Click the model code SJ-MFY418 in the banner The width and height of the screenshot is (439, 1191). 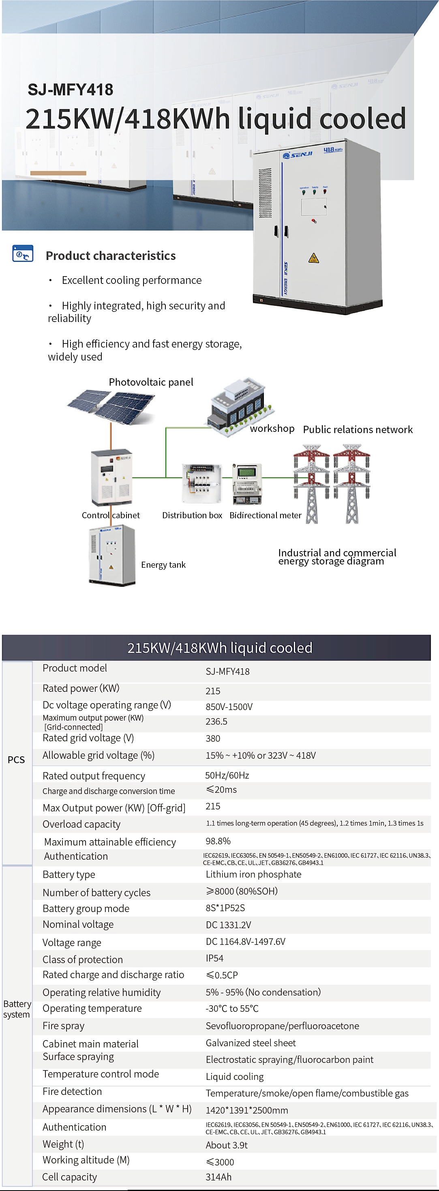click(70, 89)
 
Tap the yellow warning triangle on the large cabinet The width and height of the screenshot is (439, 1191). click(313, 258)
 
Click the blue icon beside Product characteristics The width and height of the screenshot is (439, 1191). click(23, 254)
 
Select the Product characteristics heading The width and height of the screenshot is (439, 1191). click(110, 255)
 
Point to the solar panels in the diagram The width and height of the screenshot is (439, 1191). click(111, 406)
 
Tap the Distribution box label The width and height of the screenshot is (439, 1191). click(192, 515)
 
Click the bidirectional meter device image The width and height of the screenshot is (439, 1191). click(247, 484)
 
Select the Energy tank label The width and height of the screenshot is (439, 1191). click(163, 564)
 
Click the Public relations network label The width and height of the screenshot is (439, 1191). click(358, 429)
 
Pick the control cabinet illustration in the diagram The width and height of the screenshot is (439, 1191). click(111, 477)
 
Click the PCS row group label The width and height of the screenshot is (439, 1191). click(16, 760)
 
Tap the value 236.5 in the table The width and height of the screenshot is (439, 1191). click(216, 721)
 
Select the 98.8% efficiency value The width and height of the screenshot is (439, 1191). click(218, 841)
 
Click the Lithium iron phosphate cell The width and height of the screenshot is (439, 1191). click(253, 874)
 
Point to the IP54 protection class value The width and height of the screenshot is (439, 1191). click(214, 958)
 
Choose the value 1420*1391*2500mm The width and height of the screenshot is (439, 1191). click(247, 1110)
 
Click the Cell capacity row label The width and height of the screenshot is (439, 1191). click(70, 1177)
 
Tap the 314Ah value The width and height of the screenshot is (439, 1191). click(218, 1177)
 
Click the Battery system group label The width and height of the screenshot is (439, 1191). click(17, 1009)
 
